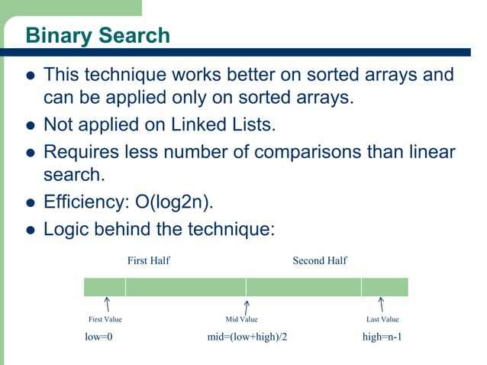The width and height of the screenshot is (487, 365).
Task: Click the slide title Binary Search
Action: [98, 35]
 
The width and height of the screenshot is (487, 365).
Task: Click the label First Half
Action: [148, 261]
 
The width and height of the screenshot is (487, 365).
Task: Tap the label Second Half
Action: [320, 261]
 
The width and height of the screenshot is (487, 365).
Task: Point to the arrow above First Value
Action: [108, 305]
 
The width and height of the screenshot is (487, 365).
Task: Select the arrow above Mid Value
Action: [246, 305]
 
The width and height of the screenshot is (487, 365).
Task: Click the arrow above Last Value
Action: [381, 305]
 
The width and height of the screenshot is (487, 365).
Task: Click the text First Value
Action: [105, 319]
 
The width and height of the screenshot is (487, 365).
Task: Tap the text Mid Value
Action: [241, 319]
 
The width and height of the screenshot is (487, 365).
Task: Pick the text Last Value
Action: [382, 319]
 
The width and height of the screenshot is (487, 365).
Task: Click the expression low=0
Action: [98, 337]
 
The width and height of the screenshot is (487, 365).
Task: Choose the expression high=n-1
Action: [382, 337]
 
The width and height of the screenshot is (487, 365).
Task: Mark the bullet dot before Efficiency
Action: [31, 203]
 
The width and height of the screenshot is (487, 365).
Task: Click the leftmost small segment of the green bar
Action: [104, 287]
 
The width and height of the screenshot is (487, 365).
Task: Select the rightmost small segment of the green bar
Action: [384, 287]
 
